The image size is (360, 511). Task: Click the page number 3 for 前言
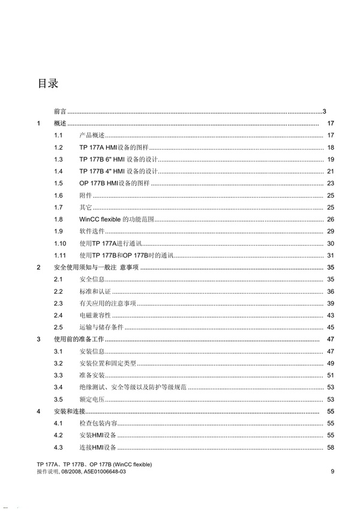pyautogui.click(x=324, y=111)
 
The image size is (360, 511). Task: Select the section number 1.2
pyautogui.click(x=58, y=147)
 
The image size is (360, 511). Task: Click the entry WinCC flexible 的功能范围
pyautogui.click(x=115, y=219)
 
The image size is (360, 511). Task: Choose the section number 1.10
pyautogui.click(x=59, y=243)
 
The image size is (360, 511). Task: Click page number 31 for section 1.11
pyautogui.click(x=330, y=255)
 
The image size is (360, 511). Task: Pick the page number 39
pyautogui.click(x=330, y=303)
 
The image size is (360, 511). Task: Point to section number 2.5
pyautogui.click(x=58, y=327)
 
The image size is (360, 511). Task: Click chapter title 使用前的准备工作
pyautogui.click(x=79, y=339)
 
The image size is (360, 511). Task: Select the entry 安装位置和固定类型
pyautogui.click(x=107, y=363)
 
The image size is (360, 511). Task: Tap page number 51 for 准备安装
pyautogui.click(x=330, y=375)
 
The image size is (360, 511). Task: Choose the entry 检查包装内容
pyautogui.click(x=97, y=423)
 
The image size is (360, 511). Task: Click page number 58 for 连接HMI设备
pyautogui.click(x=330, y=447)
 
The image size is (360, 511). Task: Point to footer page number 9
pyautogui.click(x=332, y=472)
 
